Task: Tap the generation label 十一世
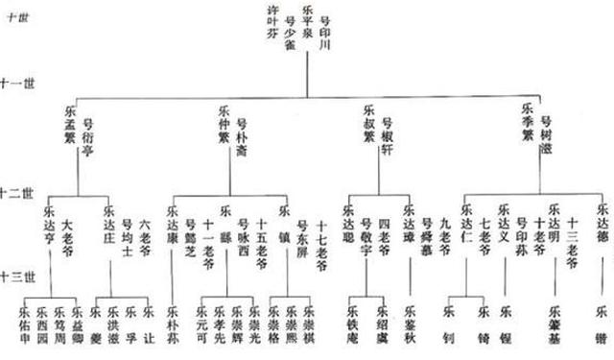click(17, 84)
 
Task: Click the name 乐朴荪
click(173, 325)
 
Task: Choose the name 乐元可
click(201, 325)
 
